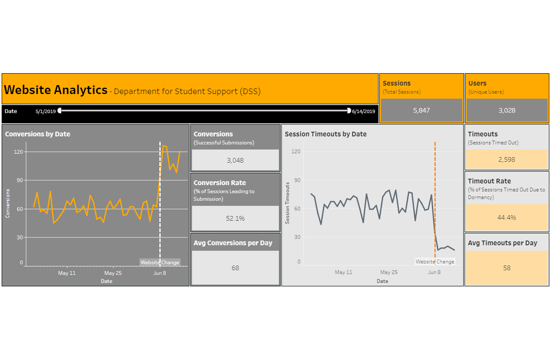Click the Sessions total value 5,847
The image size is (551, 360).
[421, 111]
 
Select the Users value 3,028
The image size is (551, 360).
[506, 111]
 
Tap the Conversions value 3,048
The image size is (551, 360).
[235, 161]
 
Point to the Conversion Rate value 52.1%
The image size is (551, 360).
[235, 219]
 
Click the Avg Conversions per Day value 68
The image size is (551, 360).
[235, 268]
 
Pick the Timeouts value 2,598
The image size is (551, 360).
[506, 160]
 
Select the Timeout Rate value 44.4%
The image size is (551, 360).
[506, 218]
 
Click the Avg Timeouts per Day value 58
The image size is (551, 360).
[506, 268]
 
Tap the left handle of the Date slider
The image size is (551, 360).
[60, 111]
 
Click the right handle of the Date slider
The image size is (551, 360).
[349, 111]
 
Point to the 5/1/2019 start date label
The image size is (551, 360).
[46, 111]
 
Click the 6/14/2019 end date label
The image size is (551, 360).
[364, 111]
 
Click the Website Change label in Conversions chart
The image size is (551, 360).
[160, 263]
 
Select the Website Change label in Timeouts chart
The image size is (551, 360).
[435, 262]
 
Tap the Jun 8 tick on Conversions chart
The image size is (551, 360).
[160, 273]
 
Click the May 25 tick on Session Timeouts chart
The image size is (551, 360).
[389, 272]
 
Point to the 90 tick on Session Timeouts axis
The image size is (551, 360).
[297, 180]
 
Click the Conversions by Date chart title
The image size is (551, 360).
[38, 134]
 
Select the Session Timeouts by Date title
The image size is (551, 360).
[326, 134]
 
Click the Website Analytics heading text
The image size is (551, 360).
[56, 90]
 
